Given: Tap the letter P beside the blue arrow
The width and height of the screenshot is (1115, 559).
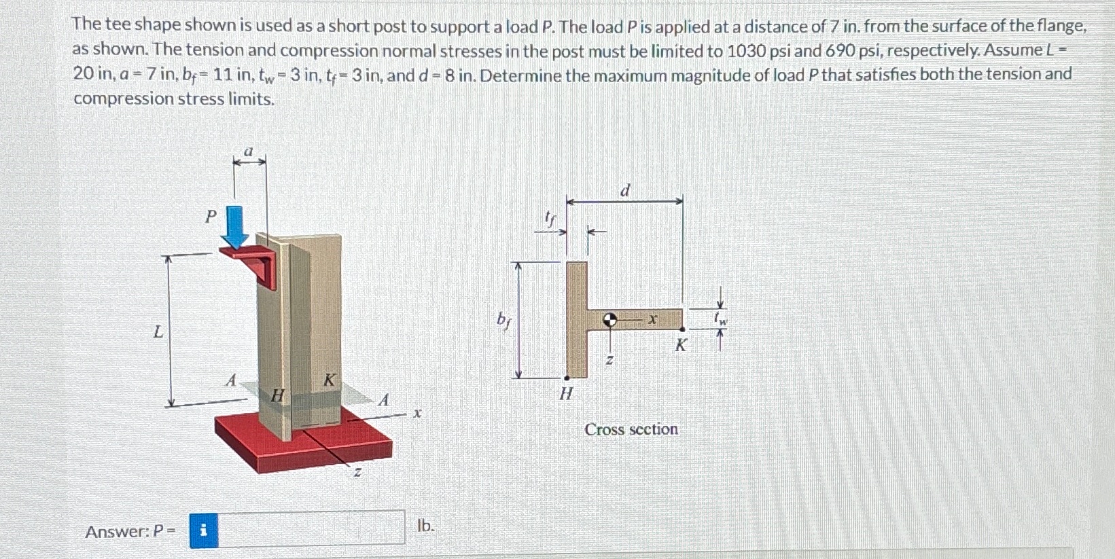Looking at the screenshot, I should pos(211,217).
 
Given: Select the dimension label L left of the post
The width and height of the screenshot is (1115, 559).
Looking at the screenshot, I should pos(158,332).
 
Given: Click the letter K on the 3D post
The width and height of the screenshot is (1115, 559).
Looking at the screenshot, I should pos(329,380).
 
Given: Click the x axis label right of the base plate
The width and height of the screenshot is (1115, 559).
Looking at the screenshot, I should pos(418,412).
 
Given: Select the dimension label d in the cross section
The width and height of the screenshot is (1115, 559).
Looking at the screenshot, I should pos(625,191).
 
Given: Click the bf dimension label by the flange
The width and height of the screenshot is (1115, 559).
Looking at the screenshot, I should pos(503,319).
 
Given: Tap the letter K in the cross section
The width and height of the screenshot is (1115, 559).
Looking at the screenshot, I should pos(680,346).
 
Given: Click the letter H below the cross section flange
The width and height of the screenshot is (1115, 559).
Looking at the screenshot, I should pos(566,393).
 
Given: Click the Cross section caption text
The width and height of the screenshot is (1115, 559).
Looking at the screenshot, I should pos(631,429).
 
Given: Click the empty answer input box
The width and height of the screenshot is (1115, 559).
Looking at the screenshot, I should pos(312,528).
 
